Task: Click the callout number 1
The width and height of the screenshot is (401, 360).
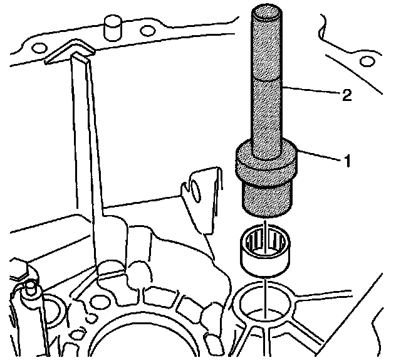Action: (343, 161)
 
